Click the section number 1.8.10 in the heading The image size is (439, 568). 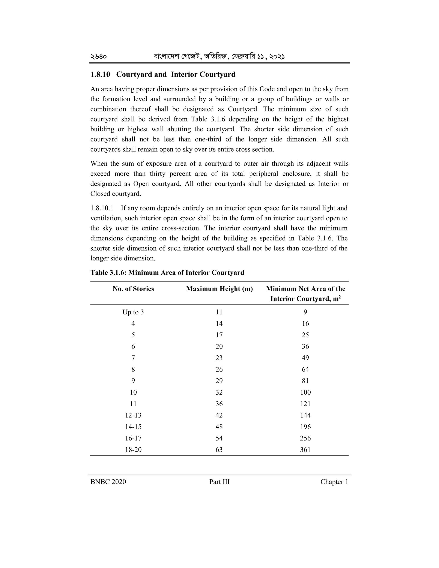[100, 75]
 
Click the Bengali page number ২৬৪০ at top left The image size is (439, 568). [99, 56]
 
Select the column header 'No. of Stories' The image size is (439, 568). [133, 289]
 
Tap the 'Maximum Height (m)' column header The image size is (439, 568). [219, 289]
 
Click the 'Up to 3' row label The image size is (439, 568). [133, 312]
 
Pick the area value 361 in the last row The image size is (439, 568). [305, 450]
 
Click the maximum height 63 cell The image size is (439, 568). [219, 450]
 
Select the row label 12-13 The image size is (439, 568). [133, 415]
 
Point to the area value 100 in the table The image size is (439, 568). [305, 392]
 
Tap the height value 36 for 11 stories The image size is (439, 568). [219, 404]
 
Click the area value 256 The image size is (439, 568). [305, 438]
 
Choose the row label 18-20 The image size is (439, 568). [133, 450]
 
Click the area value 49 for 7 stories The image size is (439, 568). [305, 358]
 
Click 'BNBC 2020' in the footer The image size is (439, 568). [108, 482]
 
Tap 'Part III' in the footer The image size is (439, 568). [219, 482]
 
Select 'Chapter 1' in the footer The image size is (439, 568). [334, 482]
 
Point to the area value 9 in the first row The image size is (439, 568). [305, 312]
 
